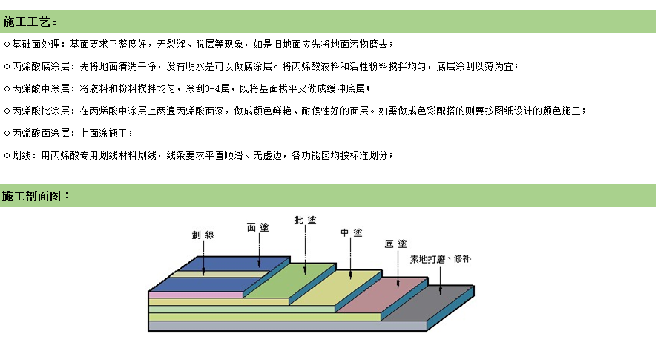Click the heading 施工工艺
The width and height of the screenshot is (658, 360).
(x=27, y=22)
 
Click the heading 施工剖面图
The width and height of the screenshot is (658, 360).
(x=32, y=196)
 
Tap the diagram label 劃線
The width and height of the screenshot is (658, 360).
(x=203, y=235)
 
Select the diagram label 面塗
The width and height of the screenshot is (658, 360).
(x=257, y=228)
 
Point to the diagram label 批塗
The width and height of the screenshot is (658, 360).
(x=305, y=220)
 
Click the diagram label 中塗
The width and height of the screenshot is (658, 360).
(x=351, y=233)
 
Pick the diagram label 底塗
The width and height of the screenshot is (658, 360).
(x=395, y=244)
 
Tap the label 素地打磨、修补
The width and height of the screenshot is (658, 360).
(x=440, y=259)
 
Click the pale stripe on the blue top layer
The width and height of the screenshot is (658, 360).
(x=220, y=274)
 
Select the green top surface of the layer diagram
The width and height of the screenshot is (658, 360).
(x=290, y=280)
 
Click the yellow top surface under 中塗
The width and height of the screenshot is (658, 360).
(x=337, y=287)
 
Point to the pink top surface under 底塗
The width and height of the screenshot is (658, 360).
(x=383, y=295)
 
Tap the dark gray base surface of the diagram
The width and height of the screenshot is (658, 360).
(x=428, y=302)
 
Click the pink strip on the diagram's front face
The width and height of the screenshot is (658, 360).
(x=196, y=295)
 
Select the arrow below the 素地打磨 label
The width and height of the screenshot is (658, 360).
(x=440, y=280)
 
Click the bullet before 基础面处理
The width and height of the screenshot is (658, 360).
(x=7, y=44)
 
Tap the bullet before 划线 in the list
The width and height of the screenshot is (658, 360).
(x=7, y=156)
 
